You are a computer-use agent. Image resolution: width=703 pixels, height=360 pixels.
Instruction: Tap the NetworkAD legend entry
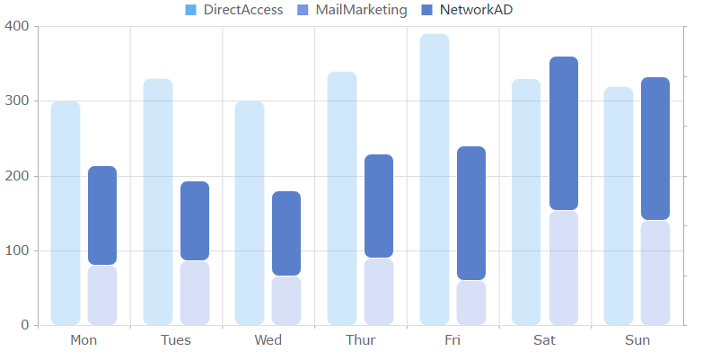479,10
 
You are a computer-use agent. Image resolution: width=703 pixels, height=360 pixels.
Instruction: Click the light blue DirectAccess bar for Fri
435,180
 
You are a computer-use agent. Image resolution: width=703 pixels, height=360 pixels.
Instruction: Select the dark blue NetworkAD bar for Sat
564,133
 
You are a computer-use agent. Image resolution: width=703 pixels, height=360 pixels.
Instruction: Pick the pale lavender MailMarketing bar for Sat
564,268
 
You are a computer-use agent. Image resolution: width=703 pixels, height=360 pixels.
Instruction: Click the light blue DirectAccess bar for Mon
66,213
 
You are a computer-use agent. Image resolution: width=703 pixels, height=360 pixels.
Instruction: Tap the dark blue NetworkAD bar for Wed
286,233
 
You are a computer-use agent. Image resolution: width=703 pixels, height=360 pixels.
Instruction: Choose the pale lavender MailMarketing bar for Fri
471,303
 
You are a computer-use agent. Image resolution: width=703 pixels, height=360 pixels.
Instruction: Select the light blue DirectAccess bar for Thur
342,198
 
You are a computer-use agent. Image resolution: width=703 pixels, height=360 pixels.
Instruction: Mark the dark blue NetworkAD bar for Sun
655,148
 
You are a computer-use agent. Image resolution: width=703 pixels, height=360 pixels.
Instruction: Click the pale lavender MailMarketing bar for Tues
195,293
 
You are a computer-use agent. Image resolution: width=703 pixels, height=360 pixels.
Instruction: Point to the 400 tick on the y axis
19,27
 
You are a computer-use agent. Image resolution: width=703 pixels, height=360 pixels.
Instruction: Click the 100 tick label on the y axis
19,250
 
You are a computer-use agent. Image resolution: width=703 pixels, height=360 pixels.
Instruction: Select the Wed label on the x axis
268,340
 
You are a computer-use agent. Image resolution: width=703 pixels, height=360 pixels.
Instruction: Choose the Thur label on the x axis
360,340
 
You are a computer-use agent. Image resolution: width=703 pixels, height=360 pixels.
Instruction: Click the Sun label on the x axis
637,340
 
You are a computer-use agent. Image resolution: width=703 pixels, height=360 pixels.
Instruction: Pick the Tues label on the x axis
176,340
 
